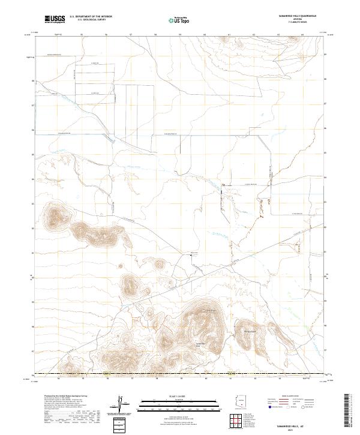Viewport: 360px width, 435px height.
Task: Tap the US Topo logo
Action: coord(179,20)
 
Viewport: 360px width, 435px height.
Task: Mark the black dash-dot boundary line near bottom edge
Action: coord(180,374)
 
